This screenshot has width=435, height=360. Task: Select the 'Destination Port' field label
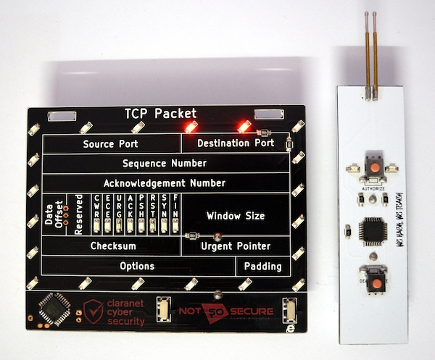pos(236,143)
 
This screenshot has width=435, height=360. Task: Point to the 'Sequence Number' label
pos(165,163)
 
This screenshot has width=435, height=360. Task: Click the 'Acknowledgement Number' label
pos(165,183)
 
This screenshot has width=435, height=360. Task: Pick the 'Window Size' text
pos(236,216)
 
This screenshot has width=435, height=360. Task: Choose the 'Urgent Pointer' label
pos(236,246)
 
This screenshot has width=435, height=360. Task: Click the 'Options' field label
pos(137,266)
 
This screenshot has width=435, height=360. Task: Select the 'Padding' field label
pos(262,266)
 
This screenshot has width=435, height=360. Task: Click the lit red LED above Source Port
pos(191,126)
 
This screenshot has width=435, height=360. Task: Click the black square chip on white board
pos(373,228)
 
